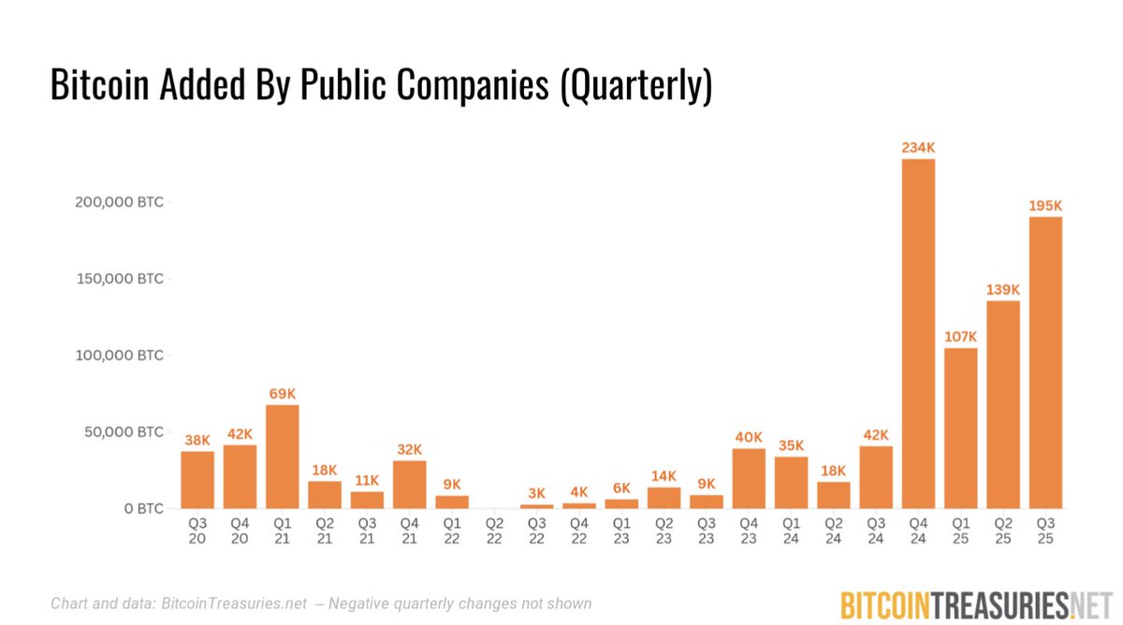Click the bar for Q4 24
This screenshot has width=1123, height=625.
[918, 334]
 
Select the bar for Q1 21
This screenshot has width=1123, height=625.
[283, 457]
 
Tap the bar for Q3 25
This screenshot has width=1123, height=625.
[1045, 363]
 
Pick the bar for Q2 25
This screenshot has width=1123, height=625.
[1003, 404]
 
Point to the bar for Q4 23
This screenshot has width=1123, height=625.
[749, 478]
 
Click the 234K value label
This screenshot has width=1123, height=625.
[918, 147]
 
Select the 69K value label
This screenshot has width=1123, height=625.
[283, 393]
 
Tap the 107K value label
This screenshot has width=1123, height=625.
[961, 336]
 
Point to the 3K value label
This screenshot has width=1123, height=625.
[537, 493]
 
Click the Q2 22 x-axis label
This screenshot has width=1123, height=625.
[494, 531]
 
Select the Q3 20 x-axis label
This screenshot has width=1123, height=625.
[197, 531]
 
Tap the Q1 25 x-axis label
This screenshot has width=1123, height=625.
[961, 531]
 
